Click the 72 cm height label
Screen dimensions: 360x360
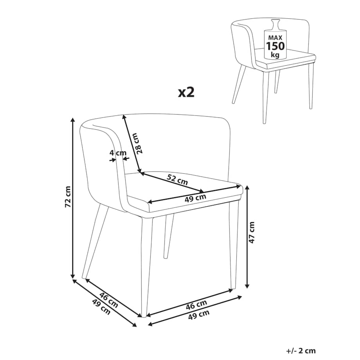(x=68, y=197)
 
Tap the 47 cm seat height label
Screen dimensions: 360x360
(x=252, y=232)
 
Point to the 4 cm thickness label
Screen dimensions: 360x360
(x=118, y=153)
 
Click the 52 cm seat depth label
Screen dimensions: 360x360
(x=177, y=180)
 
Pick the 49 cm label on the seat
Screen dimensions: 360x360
(x=195, y=198)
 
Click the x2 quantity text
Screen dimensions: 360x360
(x=186, y=92)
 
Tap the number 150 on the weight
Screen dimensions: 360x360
(x=275, y=46)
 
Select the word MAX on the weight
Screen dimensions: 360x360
(x=275, y=38)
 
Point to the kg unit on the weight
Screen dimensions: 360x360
(x=275, y=55)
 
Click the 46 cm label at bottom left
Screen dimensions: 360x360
(x=109, y=300)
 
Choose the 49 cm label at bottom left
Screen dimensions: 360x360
(x=101, y=307)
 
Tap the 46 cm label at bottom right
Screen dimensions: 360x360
(x=196, y=305)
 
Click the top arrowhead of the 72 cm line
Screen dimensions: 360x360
(x=73, y=120)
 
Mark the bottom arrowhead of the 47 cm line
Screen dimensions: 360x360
(x=247, y=286)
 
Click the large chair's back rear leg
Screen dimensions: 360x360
(x=169, y=236)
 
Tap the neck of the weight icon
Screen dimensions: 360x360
(x=275, y=24)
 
